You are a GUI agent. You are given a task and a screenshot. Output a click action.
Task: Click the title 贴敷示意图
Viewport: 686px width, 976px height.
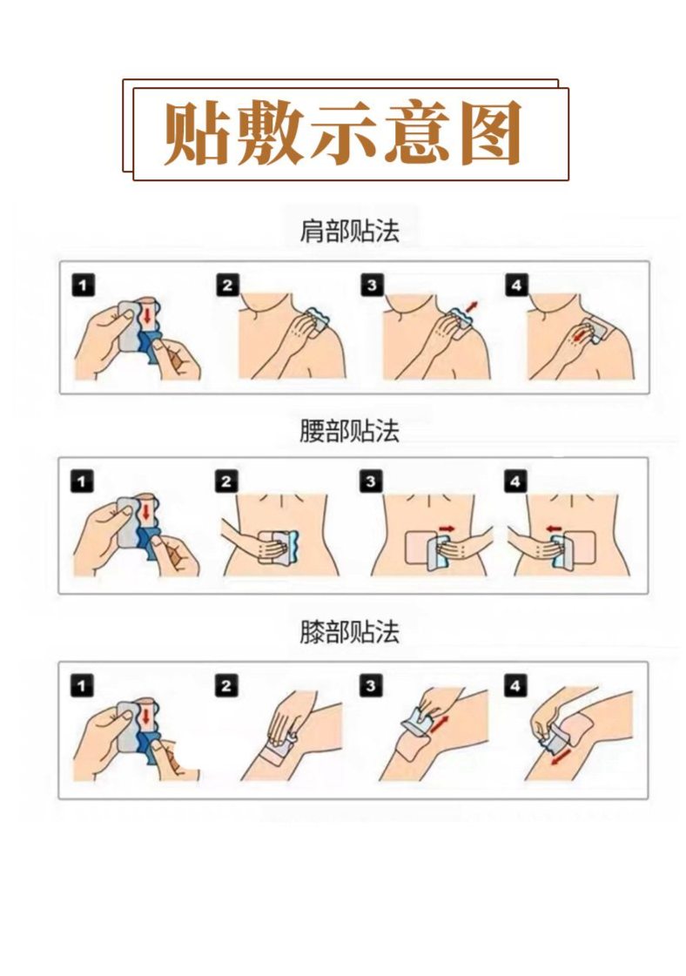tap(344, 133)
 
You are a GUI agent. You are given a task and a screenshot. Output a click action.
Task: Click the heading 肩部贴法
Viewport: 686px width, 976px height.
tap(348, 232)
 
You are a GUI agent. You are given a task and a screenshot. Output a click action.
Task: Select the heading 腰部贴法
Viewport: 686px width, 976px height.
tap(348, 432)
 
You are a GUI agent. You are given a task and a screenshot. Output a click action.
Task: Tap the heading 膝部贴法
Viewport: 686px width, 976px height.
tap(348, 633)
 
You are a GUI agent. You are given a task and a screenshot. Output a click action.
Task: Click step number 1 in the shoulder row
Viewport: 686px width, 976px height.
tap(82, 285)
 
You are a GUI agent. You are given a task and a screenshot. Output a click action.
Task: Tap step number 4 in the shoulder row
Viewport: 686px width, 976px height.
tap(516, 285)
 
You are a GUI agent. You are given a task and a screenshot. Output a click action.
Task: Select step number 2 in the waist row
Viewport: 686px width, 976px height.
tap(226, 481)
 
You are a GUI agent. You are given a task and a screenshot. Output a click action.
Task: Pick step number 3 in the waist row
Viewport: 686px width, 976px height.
tap(372, 481)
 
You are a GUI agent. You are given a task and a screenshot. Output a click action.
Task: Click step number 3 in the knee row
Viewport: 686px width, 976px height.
tap(372, 686)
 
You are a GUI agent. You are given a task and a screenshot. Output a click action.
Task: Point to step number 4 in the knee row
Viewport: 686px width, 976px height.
tap(516, 686)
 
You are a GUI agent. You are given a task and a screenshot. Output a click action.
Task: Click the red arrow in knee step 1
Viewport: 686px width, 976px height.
tap(147, 719)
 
